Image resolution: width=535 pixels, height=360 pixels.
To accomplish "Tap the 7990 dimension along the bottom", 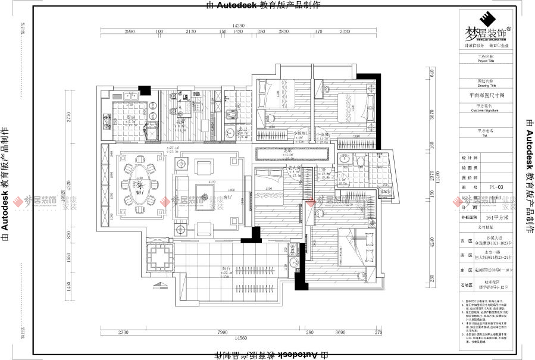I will click(x=223, y=332).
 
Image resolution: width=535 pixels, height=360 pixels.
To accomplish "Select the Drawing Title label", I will click(x=486, y=85).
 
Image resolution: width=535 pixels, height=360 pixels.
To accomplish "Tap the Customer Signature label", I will click(x=486, y=110).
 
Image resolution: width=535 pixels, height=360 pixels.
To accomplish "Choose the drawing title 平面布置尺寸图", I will click(x=486, y=95).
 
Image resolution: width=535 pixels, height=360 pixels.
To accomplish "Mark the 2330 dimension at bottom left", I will click(x=123, y=332).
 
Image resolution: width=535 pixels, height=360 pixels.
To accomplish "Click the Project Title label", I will click(x=486, y=60).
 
